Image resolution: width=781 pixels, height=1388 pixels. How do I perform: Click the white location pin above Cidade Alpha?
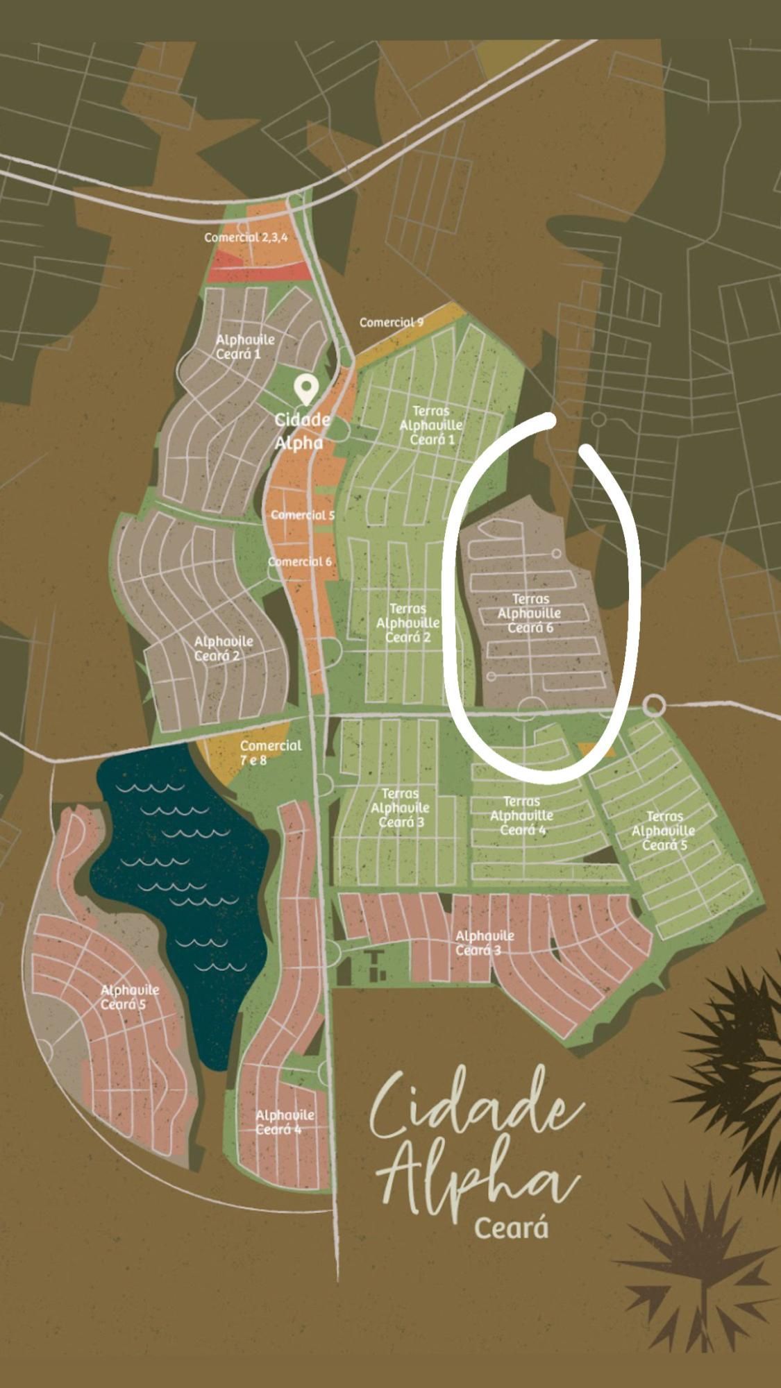tap(305, 389)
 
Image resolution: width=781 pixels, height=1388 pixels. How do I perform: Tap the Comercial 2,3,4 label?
tap(246, 237)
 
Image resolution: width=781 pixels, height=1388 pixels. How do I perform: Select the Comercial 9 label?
tap(392, 323)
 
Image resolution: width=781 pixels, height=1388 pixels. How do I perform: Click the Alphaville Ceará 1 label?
tap(245, 346)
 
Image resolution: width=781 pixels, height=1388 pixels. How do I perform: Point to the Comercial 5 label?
tap(303, 515)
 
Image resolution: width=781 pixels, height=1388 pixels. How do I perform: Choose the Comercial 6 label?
tap(300, 561)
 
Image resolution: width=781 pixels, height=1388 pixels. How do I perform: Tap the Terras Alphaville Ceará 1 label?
tap(431, 425)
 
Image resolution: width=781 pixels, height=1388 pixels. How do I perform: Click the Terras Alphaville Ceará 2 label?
tap(408, 623)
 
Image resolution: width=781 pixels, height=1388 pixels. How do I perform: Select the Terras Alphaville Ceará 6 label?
tap(530, 613)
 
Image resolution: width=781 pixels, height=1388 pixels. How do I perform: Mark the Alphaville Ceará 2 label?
tap(223, 648)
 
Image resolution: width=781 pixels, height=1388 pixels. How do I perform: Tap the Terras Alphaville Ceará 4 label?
tap(521, 816)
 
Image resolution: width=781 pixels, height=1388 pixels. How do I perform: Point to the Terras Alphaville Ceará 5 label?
tap(664, 831)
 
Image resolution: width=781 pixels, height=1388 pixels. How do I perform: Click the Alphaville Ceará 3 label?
tap(485, 942)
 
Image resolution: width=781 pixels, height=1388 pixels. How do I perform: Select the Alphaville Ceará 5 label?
tap(130, 997)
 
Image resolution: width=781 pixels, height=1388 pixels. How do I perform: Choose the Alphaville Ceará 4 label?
tap(285, 1122)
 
